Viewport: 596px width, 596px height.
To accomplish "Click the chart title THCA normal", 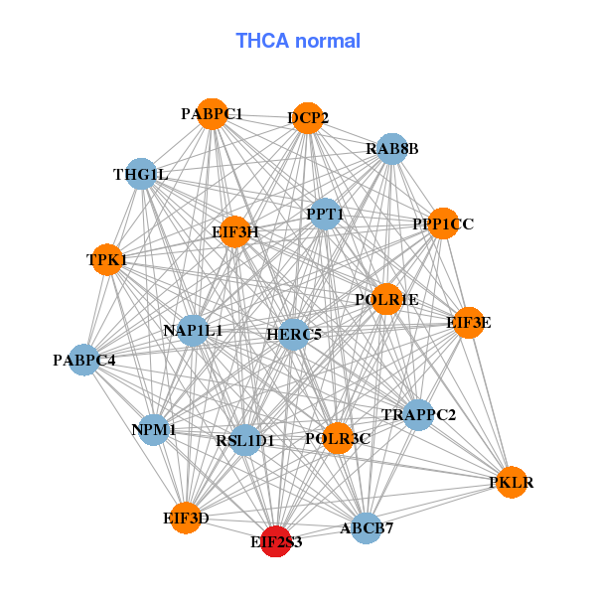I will (297, 41).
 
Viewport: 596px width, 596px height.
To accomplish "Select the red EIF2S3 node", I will (275, 541).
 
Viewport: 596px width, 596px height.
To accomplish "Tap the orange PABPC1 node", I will (211, 114).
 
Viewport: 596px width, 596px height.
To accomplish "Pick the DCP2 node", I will (308, 117).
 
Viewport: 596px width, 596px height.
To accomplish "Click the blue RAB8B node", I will (392, 149).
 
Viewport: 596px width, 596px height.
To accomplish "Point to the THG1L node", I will (141, 175).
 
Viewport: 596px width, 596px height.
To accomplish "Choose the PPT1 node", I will (325, 214).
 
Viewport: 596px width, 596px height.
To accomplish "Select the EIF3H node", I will (234, 231).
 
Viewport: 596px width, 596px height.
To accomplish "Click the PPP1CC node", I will (443, 223).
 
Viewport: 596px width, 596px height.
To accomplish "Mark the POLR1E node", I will (386, 299).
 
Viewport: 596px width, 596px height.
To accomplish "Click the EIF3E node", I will (468, 322).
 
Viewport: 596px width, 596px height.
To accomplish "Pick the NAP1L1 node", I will (193, 330).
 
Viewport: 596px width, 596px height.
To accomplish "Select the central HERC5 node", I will (294, 335).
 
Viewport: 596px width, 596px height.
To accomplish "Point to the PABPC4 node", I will (84, 360).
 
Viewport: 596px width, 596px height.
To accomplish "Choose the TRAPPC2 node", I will (418, 414).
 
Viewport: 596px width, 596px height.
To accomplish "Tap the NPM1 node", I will (154, 429).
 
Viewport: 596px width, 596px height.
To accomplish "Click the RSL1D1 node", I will (245, 439).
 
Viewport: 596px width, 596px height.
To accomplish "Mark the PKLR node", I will (511, 482).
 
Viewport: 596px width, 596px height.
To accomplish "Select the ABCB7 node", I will (367, 527).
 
